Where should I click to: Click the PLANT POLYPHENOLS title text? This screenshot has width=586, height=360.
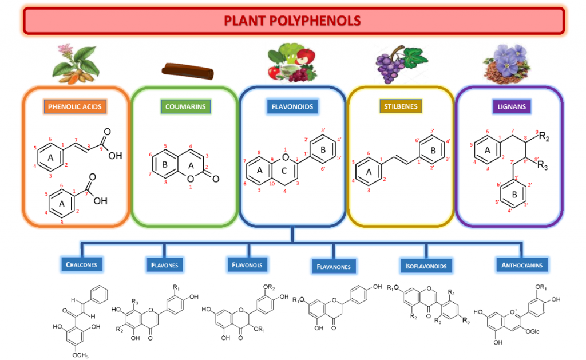(x=292, y=21)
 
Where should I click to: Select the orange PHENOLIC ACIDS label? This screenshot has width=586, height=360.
(x=75, y=106)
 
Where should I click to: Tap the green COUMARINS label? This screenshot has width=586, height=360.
(x=184, y=106)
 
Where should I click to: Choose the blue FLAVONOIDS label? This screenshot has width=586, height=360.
(x=292, y=106)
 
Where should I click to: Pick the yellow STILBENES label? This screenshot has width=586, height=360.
(x=399, y=106)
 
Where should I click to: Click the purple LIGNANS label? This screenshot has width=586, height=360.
(x=508, y=106)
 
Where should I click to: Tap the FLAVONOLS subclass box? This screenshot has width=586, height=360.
(x=247, y=264)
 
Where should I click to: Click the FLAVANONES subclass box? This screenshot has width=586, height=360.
(x=334, y=266)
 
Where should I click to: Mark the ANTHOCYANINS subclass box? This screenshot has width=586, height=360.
(x=521, y=264)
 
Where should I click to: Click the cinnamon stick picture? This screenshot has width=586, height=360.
(x=187, y=71)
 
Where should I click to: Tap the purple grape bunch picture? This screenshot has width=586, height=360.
(x=395, y=64)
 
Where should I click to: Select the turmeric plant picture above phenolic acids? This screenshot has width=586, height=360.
(x=76, y=62)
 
